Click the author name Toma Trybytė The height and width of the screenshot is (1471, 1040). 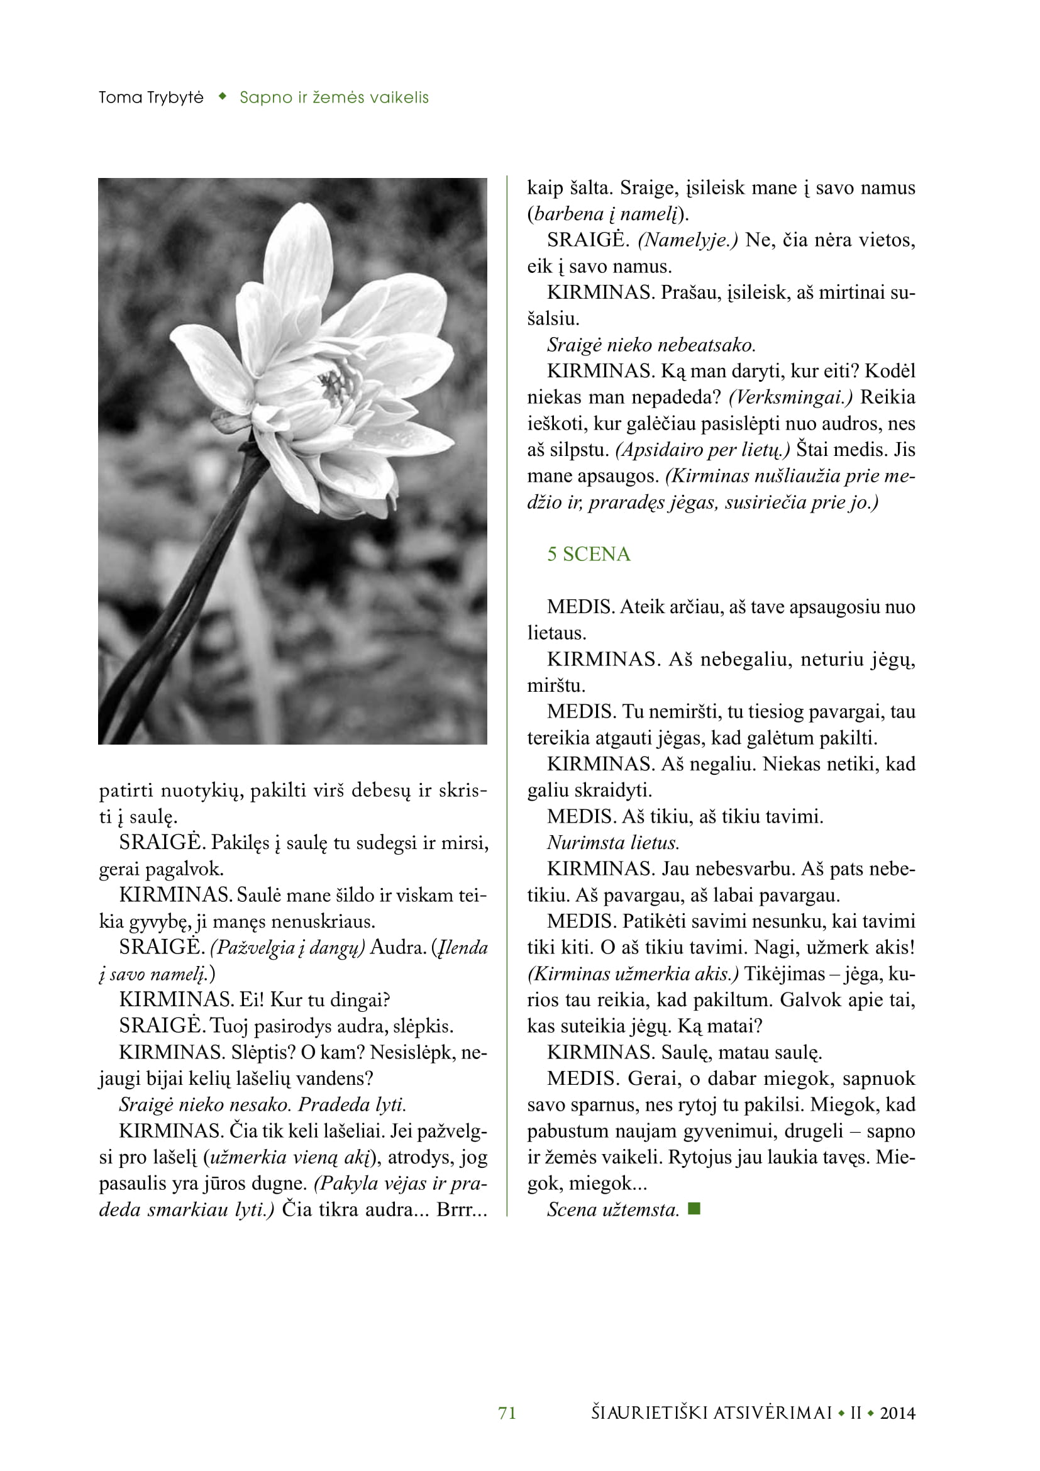tap(151, 97)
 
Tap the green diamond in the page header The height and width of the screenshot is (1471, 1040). tap(222, 97)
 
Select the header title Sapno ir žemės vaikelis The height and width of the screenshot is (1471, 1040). tap(334, 97)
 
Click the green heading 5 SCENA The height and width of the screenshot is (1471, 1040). tap(588, 554)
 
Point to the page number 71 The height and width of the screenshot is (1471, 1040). tap(507, 1413)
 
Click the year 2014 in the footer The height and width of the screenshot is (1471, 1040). tap(897, 1413)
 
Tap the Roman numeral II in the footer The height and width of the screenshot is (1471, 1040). tap(856, 1413)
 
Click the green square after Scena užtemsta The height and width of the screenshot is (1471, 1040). tap(694, 1209)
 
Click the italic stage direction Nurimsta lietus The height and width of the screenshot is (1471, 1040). tap(613, 843)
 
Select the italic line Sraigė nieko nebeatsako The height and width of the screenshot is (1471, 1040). tap(651, 345)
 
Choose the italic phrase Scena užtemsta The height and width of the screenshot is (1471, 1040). tap(613, 1209)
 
